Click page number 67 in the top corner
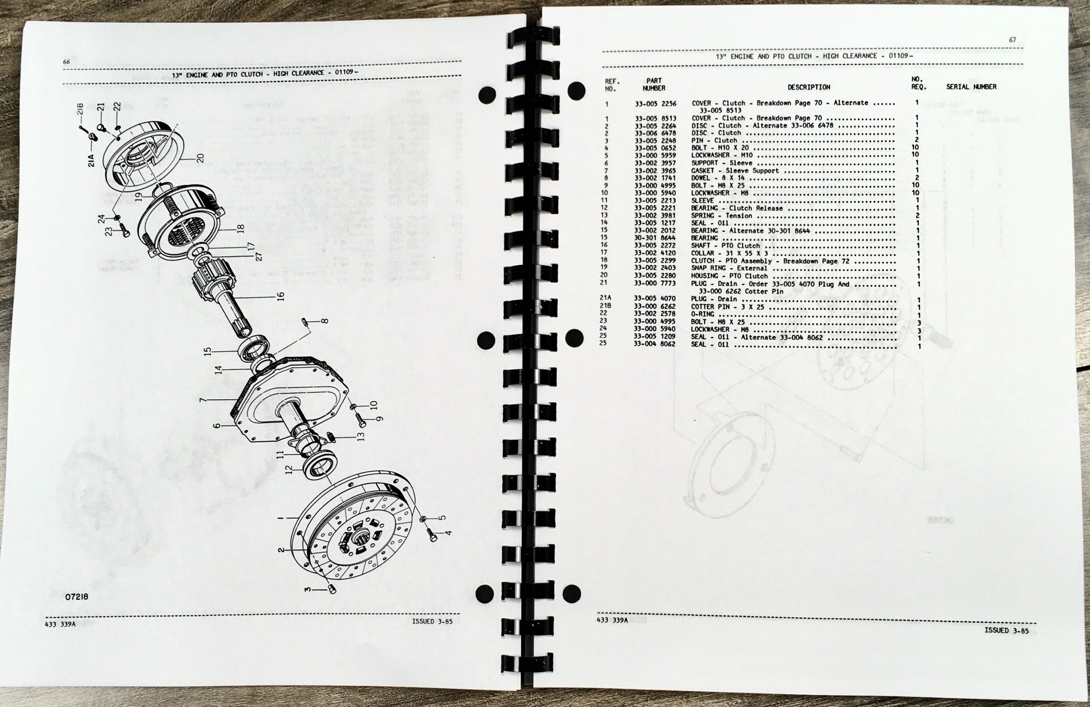(1012, 40)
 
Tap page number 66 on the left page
(66, 62)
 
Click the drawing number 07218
(77, 597)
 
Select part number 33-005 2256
(655, 103)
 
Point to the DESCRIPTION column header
(809, 87)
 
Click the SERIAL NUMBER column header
(971, 86)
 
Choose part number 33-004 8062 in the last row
(654, 344)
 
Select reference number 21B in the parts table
(605, 306)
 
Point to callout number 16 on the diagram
(281, 296)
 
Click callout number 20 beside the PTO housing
(200, 158)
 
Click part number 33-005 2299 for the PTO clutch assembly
(655, 261)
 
